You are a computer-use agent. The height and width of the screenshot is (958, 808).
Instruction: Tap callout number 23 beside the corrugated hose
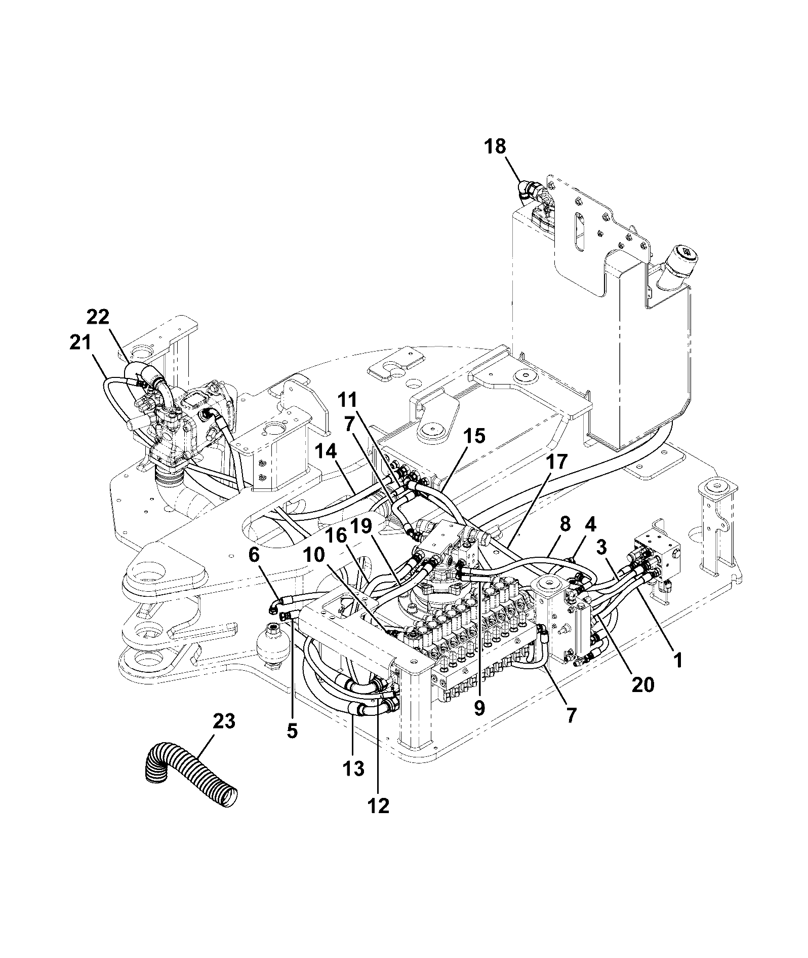pyautogui.click(x=224, y=721)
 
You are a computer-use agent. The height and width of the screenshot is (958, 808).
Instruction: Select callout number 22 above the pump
pyautogui.click(x=98, y=317)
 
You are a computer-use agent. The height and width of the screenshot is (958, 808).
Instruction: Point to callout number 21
pyautogui.click(x=81, y=343)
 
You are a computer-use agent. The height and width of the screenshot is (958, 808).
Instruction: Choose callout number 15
pyautogui.click(x=474, y=436)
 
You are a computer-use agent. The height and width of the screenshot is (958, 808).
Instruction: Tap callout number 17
pyautogui.click(x=557, y=462)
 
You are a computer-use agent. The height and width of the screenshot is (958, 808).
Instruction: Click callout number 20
pyautogui.click(x=641, y=684)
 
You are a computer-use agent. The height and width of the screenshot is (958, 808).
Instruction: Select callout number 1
pyautogui.click(x=677, y=660)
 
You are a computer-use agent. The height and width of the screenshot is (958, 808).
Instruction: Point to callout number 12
pyautogui.click(x=379, y=806)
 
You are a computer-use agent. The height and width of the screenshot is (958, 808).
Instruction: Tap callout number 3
pyautogui.click(x=602, y=547)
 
